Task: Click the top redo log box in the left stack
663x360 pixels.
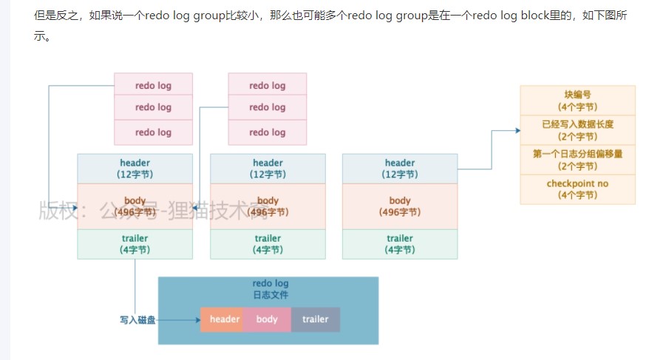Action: point(153,85)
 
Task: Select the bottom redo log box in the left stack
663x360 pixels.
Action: point(153,132)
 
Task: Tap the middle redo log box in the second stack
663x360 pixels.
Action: point(267,107)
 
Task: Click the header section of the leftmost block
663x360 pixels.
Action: point(135,169)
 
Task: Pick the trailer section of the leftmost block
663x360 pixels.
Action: point(135,244)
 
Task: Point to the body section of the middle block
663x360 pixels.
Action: point(268,206)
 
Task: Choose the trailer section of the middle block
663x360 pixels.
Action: point(268,244)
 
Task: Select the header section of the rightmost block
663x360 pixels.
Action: point(400,169)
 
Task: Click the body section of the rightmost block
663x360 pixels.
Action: point(400,206)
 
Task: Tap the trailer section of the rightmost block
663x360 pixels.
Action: point(400,244)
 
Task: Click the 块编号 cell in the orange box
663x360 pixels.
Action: point(577,101)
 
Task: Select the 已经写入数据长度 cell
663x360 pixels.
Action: point(577,130)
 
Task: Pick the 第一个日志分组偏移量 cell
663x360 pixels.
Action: point(577,160)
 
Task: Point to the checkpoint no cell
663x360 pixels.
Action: point(577,189)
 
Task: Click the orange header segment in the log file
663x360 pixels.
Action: point(224,319)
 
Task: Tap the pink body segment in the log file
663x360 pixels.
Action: point(267,319)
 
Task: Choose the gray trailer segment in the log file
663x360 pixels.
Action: point(315,319)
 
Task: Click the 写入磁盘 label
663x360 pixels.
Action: point(137,320)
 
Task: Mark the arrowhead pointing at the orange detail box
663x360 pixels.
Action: point(517,131)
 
